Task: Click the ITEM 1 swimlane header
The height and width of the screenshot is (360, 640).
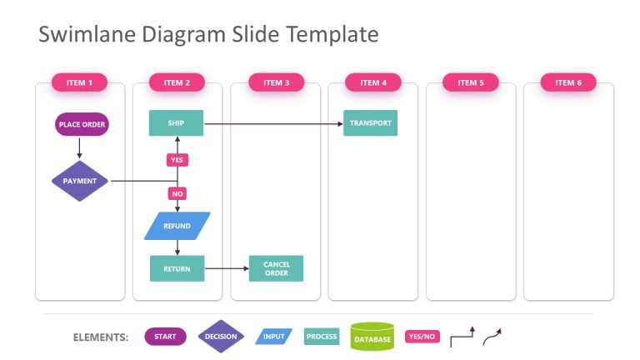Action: pos(79,82)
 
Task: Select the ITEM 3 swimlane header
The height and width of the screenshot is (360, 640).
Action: pos(276,82)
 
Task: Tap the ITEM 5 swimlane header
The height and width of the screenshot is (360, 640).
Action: pos(471,82)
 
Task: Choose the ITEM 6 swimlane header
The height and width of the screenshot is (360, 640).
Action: pos(568,82)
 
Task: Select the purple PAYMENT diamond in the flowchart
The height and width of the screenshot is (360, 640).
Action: pos(80,181)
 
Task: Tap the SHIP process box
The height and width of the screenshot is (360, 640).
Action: pos(177,124)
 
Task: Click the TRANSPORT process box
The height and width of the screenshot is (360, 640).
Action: pos(370,124)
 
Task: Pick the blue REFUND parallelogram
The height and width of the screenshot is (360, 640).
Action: pos(177,226)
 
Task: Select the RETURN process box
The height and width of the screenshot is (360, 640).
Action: pos(177,268)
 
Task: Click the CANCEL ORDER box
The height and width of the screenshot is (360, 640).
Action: pos(276,268)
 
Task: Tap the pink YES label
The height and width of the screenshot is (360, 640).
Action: pos(177,159)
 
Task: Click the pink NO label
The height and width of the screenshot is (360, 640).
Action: pos(177,193)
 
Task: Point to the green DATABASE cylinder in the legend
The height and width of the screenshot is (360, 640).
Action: pos(372,337)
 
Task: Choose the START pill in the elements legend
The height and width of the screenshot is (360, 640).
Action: pos(165,337)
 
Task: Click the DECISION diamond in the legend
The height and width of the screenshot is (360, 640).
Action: pos(221,337)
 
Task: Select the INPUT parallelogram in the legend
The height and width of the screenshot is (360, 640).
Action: pos(273,337)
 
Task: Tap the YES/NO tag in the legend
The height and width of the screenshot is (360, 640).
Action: pos(421,337)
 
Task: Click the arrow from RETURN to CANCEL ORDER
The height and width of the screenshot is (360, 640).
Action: pos(227,268)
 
